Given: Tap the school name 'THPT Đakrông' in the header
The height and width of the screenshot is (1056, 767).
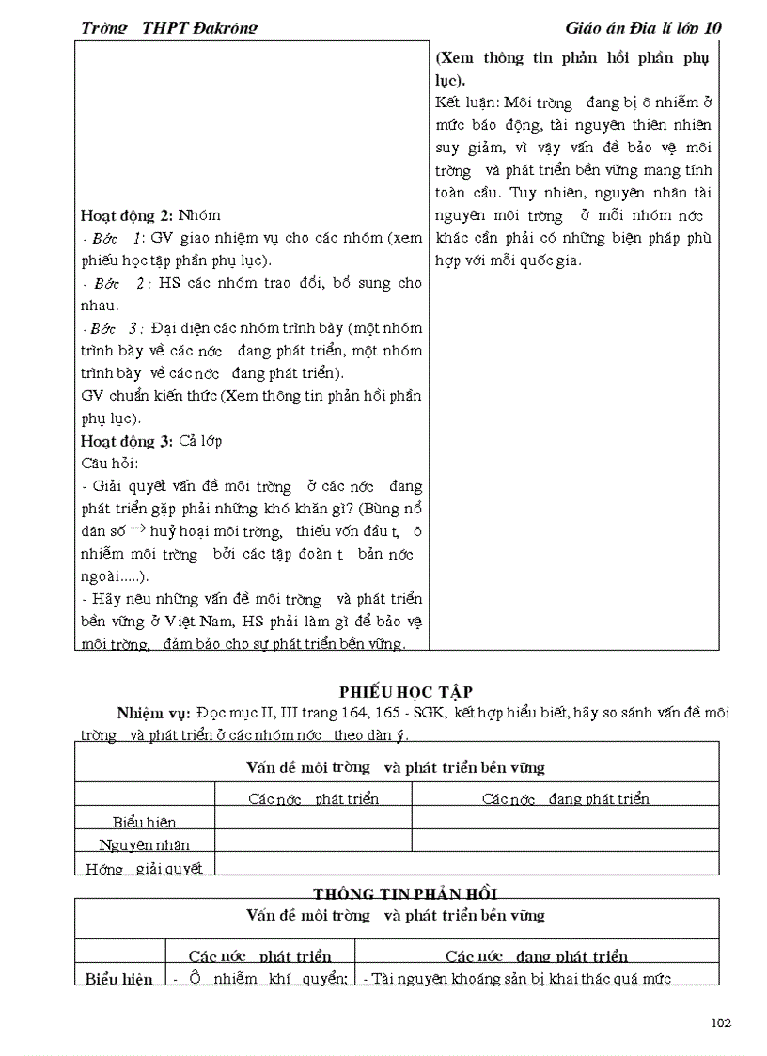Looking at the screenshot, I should (x=199, y=27).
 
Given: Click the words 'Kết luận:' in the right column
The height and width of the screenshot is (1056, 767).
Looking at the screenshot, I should (x=467, y=102).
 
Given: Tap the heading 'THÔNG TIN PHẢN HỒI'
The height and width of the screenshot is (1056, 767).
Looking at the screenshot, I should (x=404, y=892).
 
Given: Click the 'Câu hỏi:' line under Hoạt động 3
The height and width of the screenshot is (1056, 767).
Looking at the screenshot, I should (x=110, y=463).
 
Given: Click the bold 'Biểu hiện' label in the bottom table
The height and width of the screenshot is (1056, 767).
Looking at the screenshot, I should (x=119, y=979).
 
